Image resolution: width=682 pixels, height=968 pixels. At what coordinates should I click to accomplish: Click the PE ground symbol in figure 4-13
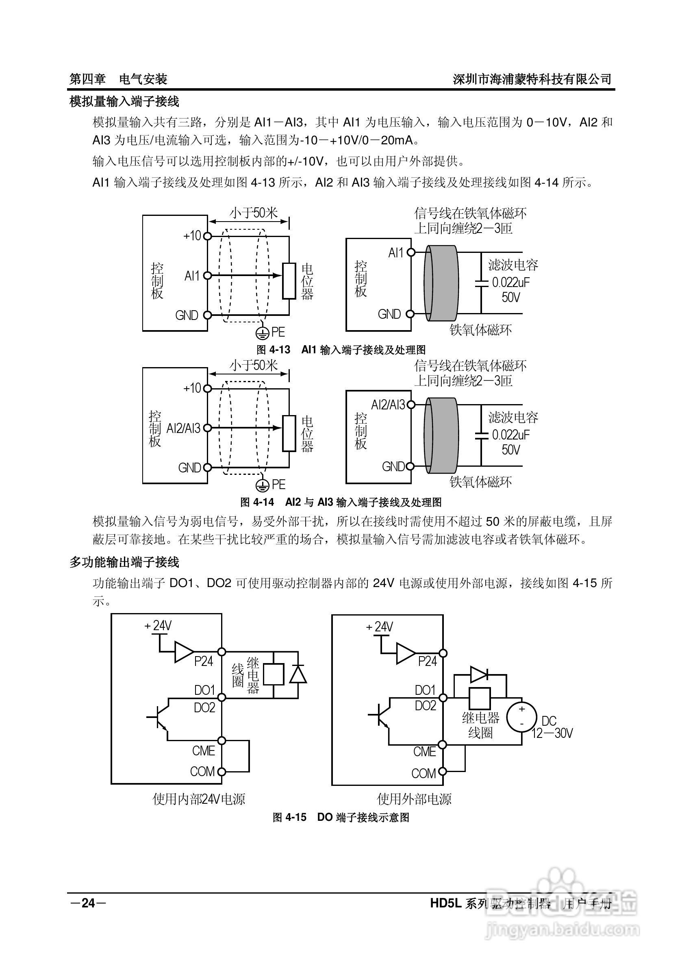pos(262,333)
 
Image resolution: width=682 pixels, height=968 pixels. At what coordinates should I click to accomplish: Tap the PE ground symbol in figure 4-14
pos(262,485)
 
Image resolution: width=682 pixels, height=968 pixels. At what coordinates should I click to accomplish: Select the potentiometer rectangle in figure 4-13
pos(289,281)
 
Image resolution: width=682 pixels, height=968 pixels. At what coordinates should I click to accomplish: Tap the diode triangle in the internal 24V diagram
pos(298,674)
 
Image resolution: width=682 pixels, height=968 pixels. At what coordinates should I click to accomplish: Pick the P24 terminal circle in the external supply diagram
pos(443,653)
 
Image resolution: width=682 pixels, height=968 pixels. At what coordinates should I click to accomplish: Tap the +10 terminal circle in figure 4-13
pos(207,236)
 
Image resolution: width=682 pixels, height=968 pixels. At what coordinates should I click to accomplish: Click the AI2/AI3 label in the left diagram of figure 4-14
pos(183,429)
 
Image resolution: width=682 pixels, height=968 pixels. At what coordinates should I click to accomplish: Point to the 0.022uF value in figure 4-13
pos(511,282)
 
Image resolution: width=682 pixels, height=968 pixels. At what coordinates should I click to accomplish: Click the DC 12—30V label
pos(552,727)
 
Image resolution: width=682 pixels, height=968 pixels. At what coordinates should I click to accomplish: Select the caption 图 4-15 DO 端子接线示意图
pos(341,817)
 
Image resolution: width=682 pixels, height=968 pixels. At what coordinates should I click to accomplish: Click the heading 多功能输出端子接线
pos(124,562)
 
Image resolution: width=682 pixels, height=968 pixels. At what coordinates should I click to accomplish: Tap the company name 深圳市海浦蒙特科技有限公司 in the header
pos(532,79)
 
